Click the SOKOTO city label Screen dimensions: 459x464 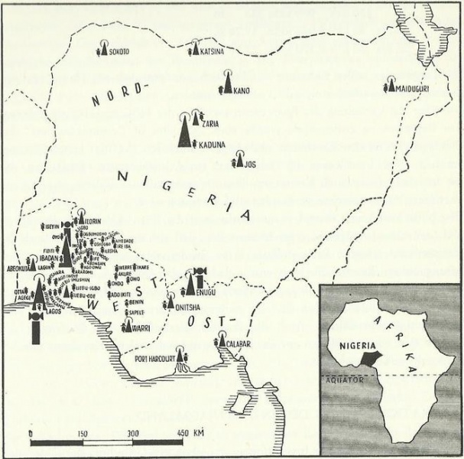pyautogui.click(x=118, y=52)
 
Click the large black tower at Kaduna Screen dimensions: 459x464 pyautogui.click(x=183, y=131)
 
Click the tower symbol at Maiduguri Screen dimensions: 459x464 pyautogui.click(x=391, y=82)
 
